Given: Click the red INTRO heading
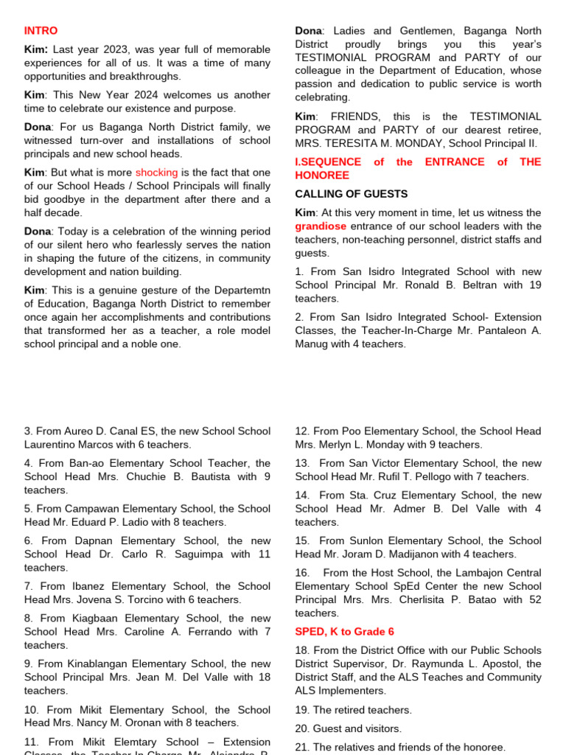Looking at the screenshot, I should [41, 31].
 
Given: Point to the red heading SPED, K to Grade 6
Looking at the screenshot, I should [344, 632].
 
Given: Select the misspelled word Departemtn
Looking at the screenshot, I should [237, 290].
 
